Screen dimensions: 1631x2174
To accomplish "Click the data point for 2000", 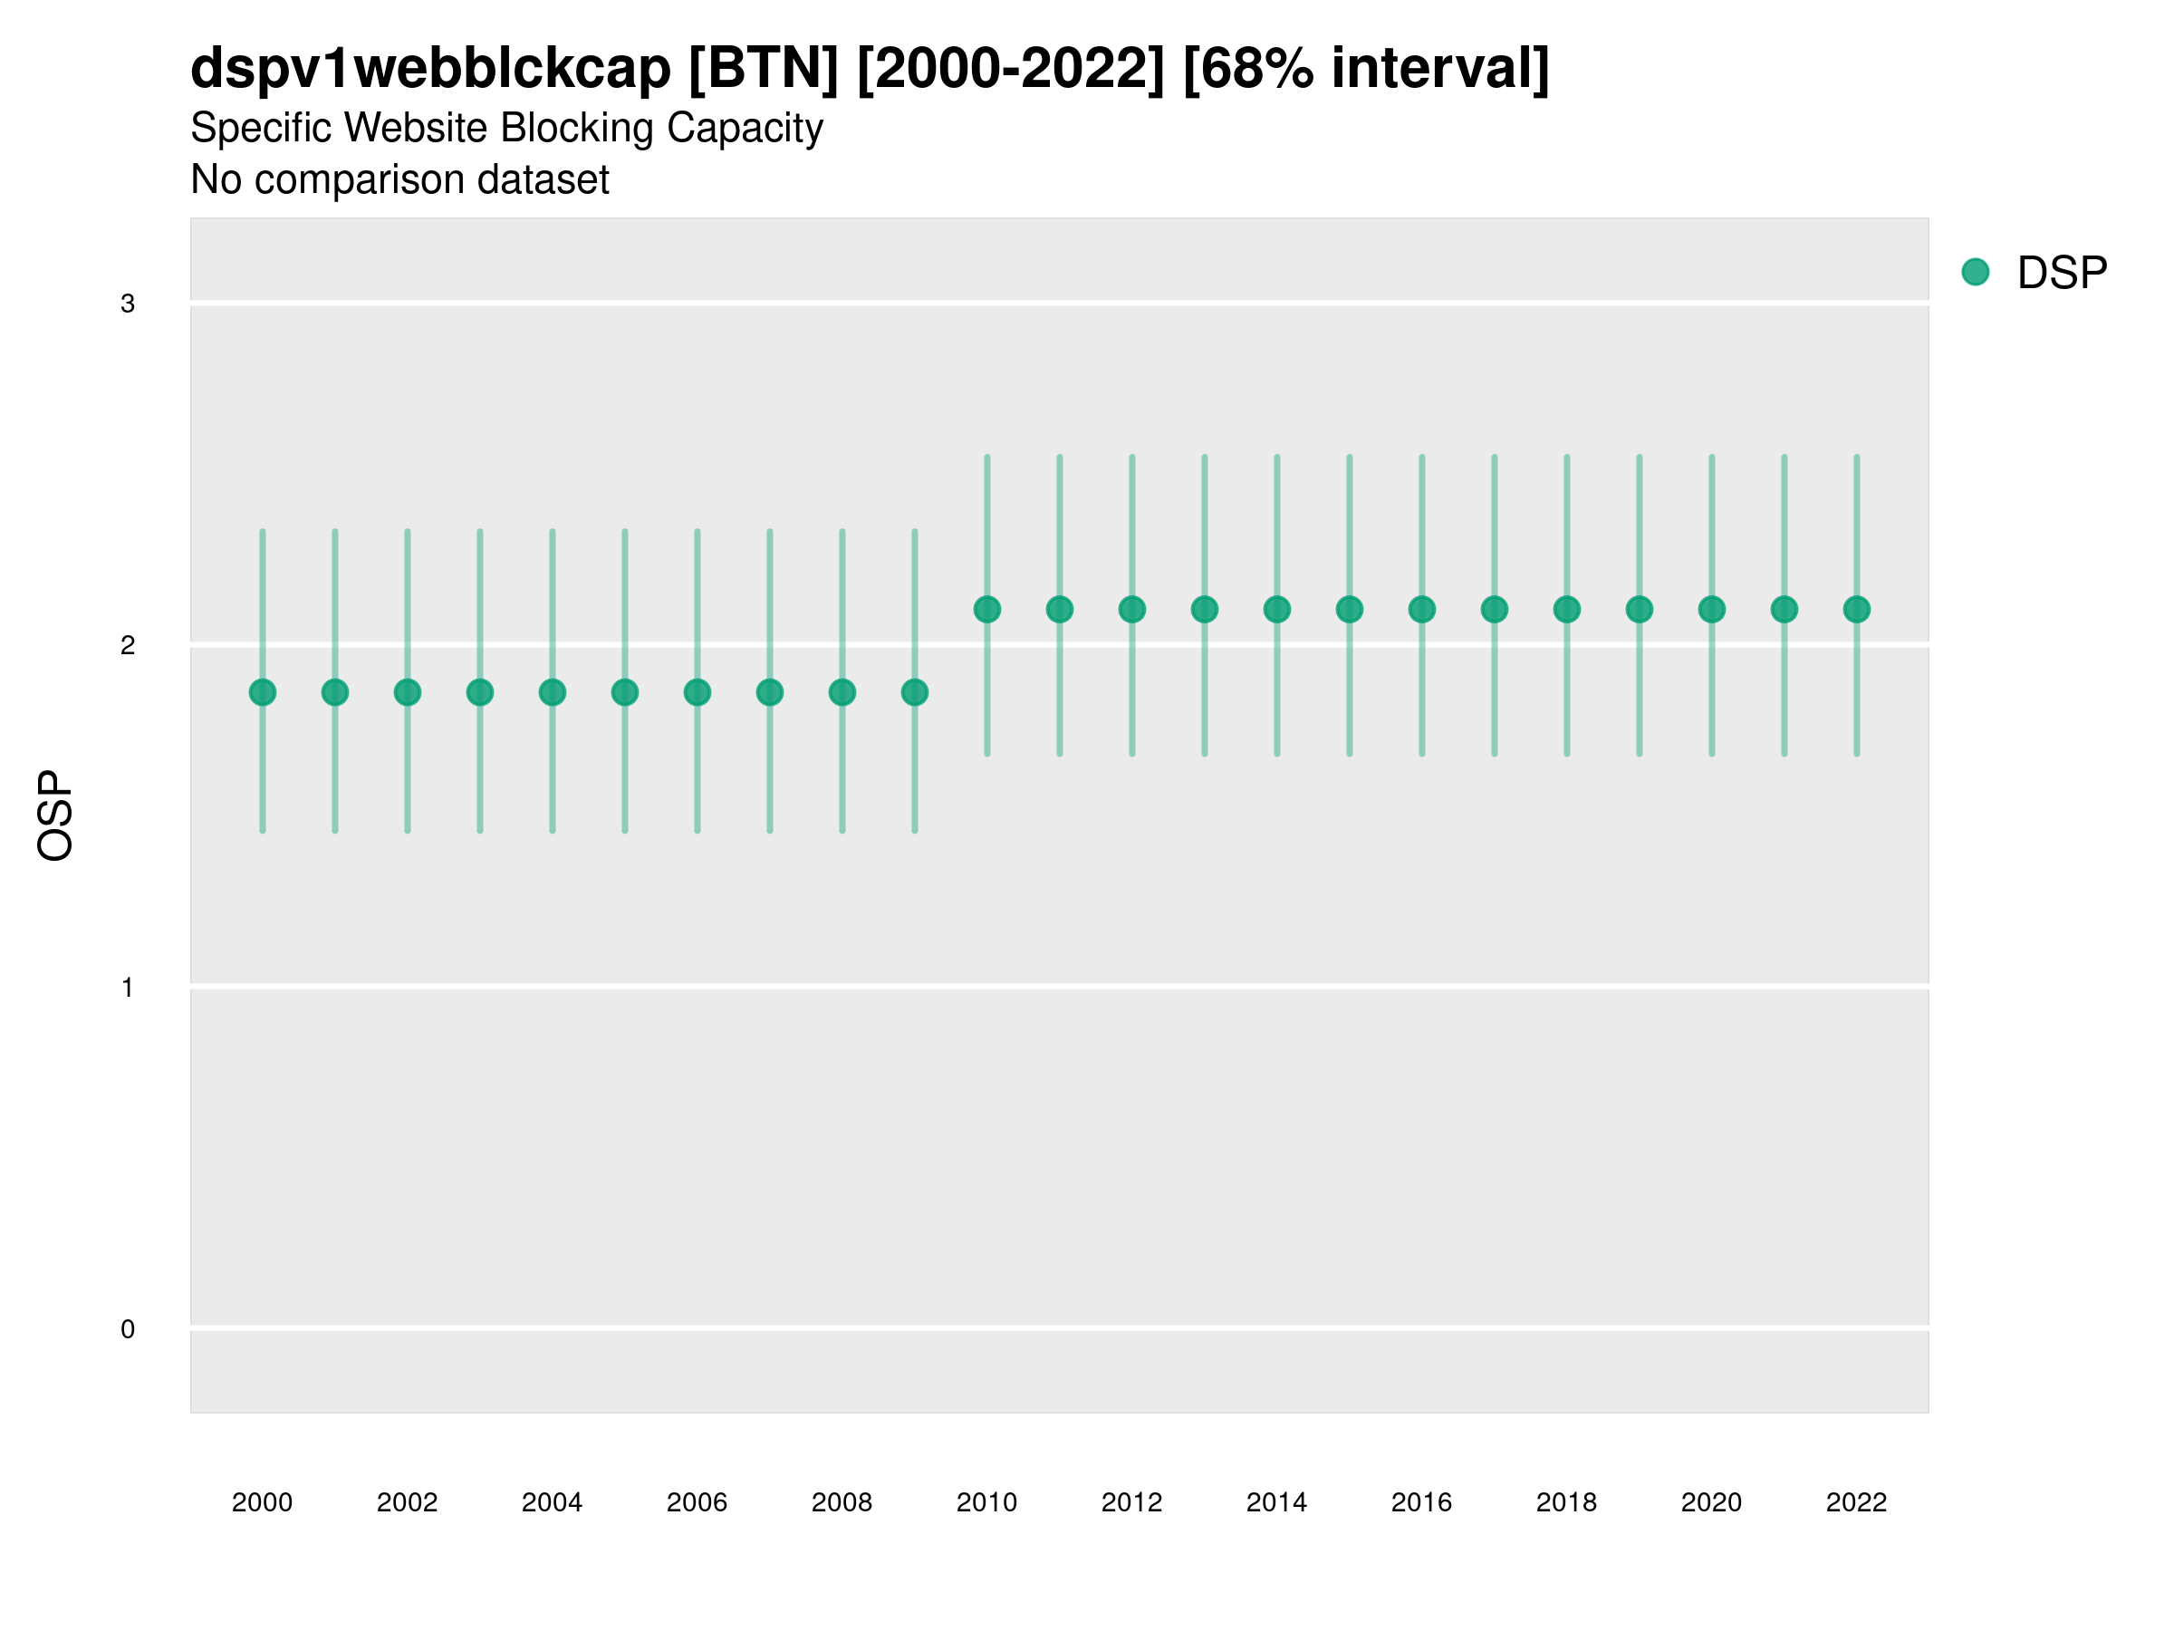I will (263, 692).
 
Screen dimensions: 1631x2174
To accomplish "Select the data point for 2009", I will (914, 692).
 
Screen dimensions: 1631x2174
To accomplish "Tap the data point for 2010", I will (986, 610).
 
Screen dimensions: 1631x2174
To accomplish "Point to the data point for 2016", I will (1422, 610).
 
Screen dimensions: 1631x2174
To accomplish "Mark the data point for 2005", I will (625, 692).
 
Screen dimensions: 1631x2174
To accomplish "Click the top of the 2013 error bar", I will (1205, 458).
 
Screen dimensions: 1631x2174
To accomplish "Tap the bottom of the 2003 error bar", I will (479, 831).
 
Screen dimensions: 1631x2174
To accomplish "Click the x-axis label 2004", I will (552, 1502).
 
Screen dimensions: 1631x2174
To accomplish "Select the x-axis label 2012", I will (1131, 1502).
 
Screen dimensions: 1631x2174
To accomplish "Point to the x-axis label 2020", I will (1711, 1502).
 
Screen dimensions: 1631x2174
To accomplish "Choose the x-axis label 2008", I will (842, 1502).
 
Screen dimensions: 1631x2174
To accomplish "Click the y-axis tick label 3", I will (128, 304).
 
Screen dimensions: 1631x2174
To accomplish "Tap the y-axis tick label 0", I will (128, 1329).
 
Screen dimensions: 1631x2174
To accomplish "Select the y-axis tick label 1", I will (128, 987).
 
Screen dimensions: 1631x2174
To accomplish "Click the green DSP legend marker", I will (1976, 273).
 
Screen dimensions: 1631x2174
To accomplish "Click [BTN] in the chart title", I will (764, 68).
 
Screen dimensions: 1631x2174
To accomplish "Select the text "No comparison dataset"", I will (400, 179).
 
